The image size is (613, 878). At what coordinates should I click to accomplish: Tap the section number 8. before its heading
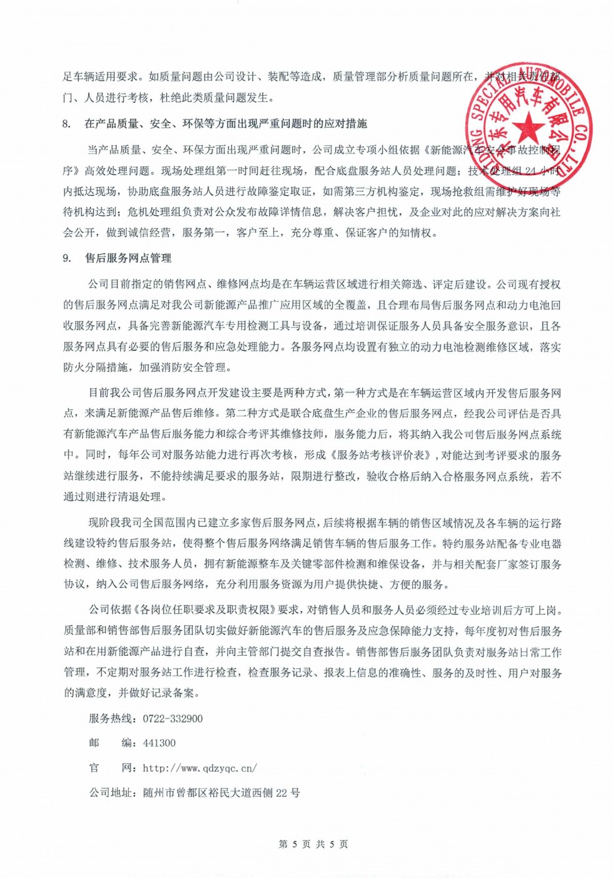67,124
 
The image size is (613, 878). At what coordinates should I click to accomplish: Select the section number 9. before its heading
67,258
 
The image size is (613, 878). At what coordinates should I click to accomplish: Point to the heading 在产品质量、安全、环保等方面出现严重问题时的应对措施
225,124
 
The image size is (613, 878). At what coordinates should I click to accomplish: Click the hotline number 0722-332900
173,718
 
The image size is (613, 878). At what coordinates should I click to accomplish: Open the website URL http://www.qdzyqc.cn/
200,768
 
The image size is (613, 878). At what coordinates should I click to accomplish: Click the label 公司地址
111,792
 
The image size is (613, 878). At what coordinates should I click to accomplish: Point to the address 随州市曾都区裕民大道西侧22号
221,792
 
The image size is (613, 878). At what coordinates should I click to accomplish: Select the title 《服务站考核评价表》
383,455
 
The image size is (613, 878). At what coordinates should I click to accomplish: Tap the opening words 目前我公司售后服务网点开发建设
175,393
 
